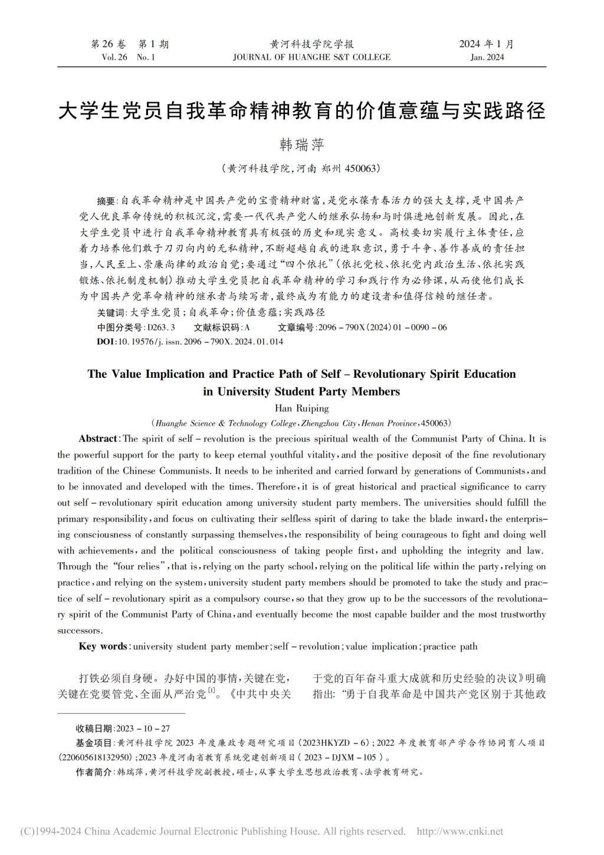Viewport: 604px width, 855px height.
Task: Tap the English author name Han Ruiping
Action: click(x=301, y=408)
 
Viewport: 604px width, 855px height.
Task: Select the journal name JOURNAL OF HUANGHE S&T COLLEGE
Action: click(x=311, y=57)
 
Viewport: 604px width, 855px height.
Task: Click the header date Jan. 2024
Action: click(x=487, y=57)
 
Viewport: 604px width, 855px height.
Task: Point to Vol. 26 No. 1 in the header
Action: click(x=128, y=57)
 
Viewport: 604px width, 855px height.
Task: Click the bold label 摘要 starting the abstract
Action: click(x=107, y=201)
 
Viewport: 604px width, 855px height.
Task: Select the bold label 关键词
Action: click(x=111, y=312)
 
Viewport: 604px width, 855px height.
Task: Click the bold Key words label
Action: click(x=103, y=646)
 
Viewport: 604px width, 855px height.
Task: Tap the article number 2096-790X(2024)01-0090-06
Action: click(x=382, y=327)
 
